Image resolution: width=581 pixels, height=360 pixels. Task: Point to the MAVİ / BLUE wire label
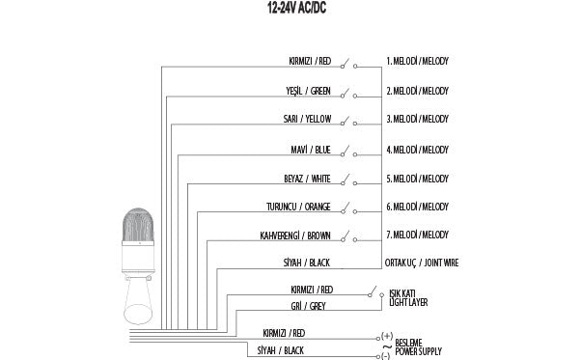[312, 150]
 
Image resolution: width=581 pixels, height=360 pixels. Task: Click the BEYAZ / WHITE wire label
[308, 179]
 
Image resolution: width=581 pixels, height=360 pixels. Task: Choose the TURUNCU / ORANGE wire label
[299, 207]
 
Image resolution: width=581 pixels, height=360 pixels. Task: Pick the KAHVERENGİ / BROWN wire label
[296, 235]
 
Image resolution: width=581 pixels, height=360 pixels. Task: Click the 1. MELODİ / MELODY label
[417, 61]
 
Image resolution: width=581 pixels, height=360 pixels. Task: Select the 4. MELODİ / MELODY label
[417, 150]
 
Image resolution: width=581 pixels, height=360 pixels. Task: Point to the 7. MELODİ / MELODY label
[417, 235]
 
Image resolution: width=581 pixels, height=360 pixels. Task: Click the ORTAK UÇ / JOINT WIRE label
[422, 263]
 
